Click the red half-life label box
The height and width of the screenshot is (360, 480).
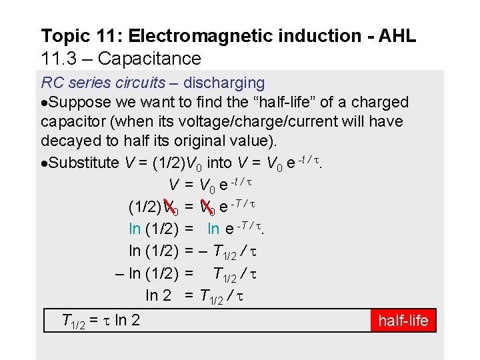(x=403, y=321)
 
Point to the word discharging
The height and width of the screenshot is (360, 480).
(x=224, y=83)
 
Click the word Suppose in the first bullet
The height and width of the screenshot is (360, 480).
(x=77, y=103)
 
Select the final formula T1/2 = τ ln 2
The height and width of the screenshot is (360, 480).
(x=101, y=321)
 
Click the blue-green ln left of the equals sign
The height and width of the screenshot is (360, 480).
(x=135, y=229)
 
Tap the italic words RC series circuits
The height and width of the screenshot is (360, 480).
(x=103, y=83)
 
